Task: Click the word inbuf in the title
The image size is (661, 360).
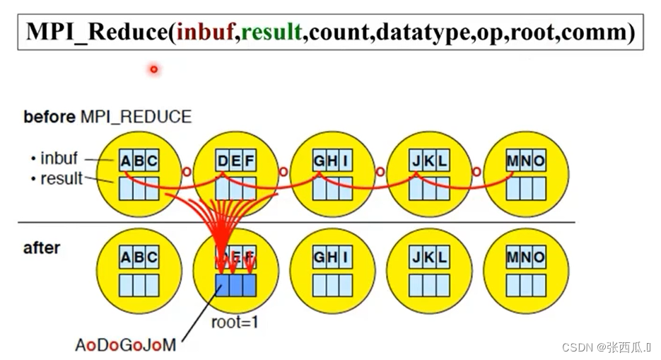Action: pos(207,32)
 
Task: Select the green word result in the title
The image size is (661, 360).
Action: pos(271,32)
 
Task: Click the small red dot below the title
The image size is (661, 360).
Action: pos(153,69)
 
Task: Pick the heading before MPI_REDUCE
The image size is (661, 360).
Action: pos(107,117)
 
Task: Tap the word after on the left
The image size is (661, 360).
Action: pos(42,248)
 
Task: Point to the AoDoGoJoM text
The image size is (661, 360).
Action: pos(126,345)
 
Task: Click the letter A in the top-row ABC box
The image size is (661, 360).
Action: pos(126,161)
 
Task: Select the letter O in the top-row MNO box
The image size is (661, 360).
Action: pos(539,161)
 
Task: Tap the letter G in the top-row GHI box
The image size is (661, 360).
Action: pos(320,161)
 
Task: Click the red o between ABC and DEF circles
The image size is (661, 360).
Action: pos(187,171)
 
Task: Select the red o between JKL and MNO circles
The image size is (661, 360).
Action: pos(476,171)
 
